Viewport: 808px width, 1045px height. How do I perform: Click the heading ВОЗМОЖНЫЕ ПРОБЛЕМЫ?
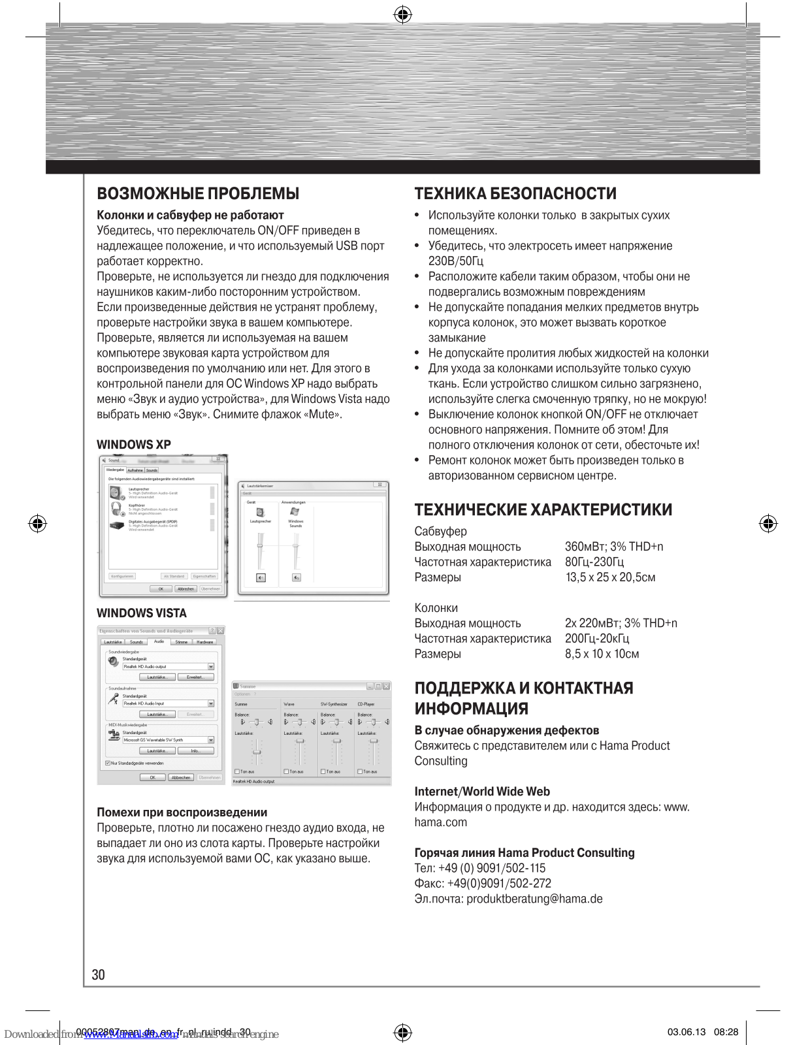click(198, 193)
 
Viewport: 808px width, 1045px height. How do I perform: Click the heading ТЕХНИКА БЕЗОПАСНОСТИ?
click(515, 193)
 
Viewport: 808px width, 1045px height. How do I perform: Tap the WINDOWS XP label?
click(134, 445)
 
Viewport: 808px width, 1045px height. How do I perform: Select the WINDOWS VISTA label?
click(142, 613)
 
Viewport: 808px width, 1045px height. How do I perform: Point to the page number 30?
click(99, 974)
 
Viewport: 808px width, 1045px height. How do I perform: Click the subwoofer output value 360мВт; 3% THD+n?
click(613, 547)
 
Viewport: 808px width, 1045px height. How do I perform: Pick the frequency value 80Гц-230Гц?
click(594, 562)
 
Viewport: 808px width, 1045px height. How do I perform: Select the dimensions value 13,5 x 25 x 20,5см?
click(610, 577)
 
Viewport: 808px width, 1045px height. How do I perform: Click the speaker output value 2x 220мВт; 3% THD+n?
click(621, 623)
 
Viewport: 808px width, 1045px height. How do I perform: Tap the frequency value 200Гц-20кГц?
click(597, 638)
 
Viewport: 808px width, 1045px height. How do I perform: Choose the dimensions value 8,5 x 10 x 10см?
click(602, 654)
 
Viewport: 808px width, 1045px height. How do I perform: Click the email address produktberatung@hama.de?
click(534, 899)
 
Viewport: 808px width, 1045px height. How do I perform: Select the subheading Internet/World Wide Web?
click(482, 792)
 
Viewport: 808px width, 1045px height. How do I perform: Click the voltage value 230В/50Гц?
click(456, 261)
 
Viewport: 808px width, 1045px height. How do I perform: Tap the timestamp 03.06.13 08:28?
click(702, 1032)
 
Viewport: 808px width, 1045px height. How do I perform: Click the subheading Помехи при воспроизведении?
click(182, 812)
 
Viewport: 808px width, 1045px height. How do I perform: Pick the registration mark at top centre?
click(403, 14)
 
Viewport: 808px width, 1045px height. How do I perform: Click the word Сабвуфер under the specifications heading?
click(441, 532)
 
